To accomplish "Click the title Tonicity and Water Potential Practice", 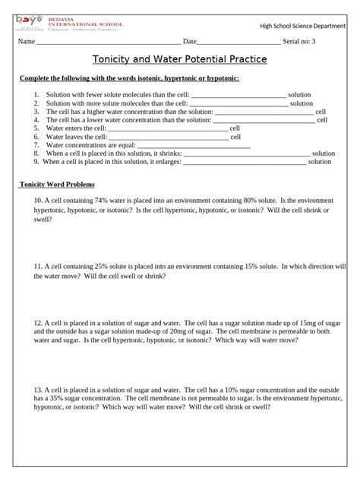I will [x=179, y=59].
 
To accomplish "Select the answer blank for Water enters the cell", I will [x=168, y=129].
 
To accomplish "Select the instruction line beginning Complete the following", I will [x=129, y=79].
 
